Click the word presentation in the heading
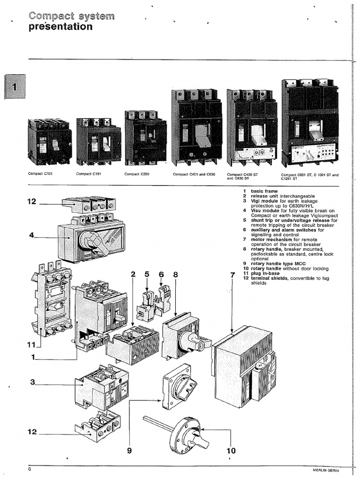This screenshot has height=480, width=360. coord(60,27)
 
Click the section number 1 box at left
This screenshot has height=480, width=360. coord(15,87)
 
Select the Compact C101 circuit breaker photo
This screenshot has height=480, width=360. coord(49,142)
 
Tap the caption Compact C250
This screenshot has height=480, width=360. coord(136,174)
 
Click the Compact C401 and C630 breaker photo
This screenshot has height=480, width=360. coord(196,128)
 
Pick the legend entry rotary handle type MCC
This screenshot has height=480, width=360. coord(272,263)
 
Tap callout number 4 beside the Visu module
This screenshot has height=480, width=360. coord(32,236)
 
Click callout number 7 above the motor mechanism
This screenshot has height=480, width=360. coord(232,275)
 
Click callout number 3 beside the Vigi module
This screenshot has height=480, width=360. coord(33,382)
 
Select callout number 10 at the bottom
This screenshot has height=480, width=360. coord(231,450)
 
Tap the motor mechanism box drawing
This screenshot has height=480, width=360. coord(244,366)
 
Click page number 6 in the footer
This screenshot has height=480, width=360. coord(29,470)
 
